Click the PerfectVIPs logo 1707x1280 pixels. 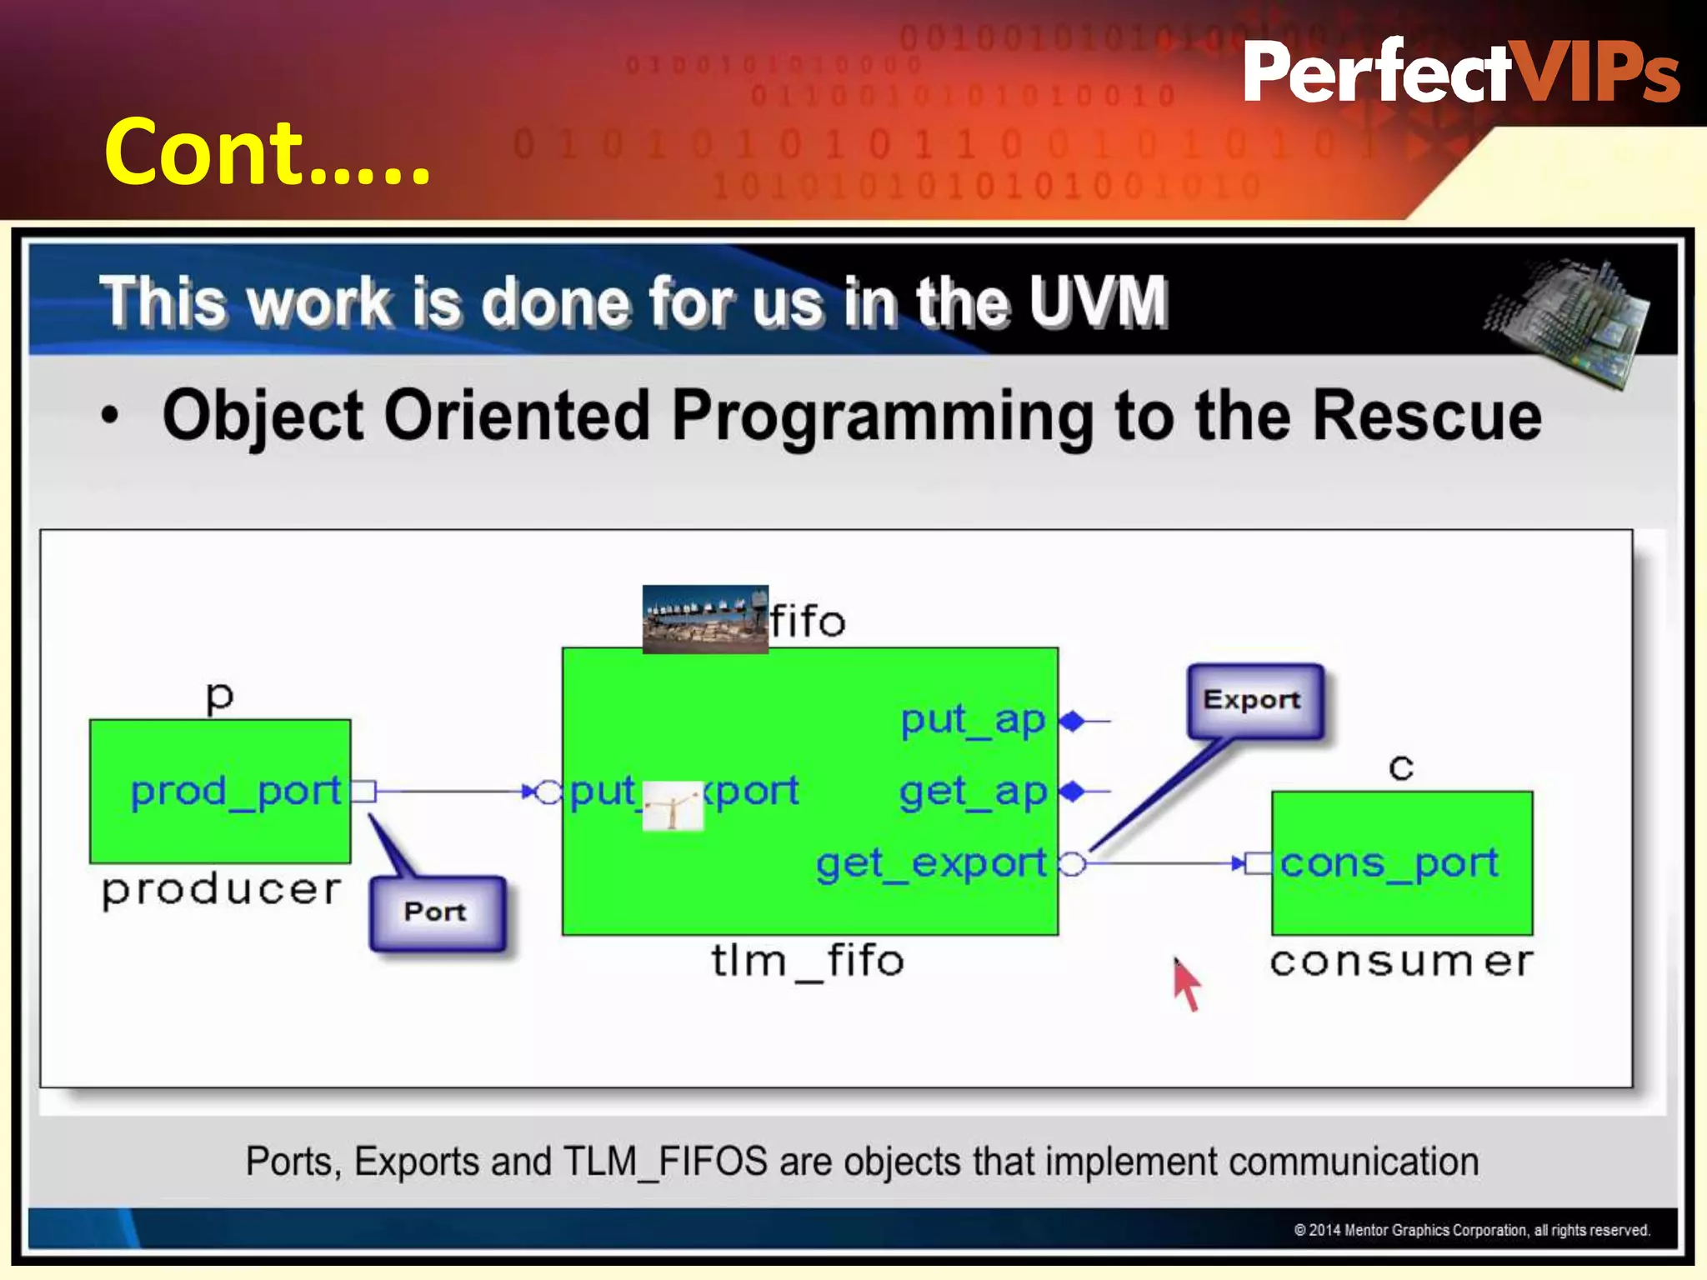click(1460, 73)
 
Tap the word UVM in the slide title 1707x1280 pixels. click(1097, 302)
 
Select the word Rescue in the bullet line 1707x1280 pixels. click(1426, 416)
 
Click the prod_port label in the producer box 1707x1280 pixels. click(236, 791)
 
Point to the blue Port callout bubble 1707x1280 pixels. click(437, 912)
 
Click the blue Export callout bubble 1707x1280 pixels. click(1253, 700)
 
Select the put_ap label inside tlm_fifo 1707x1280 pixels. click(972, 720)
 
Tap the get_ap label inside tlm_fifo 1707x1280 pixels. click(972, 792)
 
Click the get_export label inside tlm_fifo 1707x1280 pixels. click(931, 864)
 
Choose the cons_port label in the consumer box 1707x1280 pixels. click(1389, 863)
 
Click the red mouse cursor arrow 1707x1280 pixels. click(1185, 985)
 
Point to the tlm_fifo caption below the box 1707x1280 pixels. click(807, 961)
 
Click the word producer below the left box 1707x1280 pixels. click(222, 891)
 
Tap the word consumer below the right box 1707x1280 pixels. click(1400, 962)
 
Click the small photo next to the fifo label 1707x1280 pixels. click(705, 619)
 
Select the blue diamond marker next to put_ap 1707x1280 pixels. click(1073, 721)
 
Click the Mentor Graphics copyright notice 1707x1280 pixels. click(1471, 1230)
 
